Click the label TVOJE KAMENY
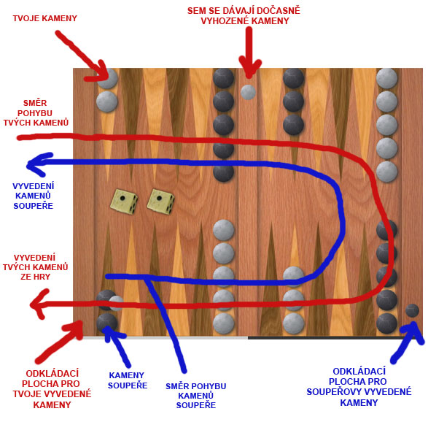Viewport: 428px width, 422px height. pyautogui.click(x=44, y=18)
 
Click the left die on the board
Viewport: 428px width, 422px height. pyautogui.click(x=124, y=202)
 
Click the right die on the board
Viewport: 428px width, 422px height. pyautogui.click(x=160, y=202)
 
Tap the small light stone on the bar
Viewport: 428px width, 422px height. pyautogui.click(x=248, y=92)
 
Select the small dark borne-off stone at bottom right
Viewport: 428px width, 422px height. pyautogui.click(x=412, y=310)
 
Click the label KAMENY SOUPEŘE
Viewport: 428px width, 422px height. pyautogui.click(x=128, y=380)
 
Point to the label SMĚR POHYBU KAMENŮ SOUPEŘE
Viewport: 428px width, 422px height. pyautogui.click(x=195, y=396)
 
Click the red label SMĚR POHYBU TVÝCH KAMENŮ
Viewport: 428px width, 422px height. pyautogui.click(x=36, y=113)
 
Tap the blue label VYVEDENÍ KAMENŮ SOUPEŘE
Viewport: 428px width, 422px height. pyautogui.click(x=34, y=196)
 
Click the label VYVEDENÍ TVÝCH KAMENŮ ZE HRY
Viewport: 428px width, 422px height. pyautogui.click(x=35, y=267)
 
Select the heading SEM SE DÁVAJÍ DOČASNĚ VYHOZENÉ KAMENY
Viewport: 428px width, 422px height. pyautogui.click(x=244, y=15)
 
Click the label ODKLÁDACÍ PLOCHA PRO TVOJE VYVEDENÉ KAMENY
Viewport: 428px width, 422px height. pyautogui.click(x=52, y=388)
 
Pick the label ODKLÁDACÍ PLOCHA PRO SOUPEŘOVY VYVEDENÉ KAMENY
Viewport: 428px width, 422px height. pyautogui.click(x=359, y=387)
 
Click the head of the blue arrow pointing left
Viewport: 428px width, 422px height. pyautogui.click(x=38, y=164)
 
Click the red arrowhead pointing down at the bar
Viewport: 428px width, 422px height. pyautogui.click(x=249, y=68)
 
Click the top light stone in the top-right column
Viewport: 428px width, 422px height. pyautogui.click(x=386, y=78)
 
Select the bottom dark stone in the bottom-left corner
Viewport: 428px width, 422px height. pyautogui.click(x=106, y=323)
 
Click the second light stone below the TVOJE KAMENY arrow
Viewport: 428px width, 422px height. pyautogui.click(x=106, y=101)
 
